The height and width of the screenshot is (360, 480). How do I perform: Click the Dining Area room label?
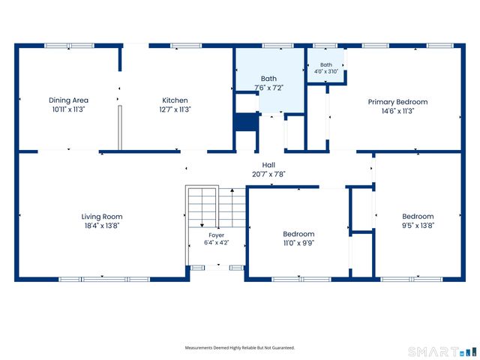68,100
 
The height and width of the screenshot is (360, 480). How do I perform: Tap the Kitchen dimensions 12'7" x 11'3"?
175,109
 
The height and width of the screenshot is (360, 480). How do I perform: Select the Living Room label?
102,217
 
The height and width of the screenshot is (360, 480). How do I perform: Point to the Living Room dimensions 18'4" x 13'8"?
102,226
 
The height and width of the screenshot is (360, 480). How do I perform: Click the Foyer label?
217,235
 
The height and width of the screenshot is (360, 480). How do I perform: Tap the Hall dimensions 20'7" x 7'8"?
268,174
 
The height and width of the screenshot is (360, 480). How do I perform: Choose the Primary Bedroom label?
397,102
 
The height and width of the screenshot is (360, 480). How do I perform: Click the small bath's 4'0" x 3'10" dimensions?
326,71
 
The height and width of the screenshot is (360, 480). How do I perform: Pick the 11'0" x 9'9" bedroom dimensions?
298,243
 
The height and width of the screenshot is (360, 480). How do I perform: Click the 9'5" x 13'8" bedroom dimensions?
418,226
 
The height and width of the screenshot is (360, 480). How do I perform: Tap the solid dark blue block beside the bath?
246,122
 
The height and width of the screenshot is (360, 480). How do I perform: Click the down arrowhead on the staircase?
202,226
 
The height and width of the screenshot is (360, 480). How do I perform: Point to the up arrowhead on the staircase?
232,190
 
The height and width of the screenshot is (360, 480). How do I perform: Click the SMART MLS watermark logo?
442,352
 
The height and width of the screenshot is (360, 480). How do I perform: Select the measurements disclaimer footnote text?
240,348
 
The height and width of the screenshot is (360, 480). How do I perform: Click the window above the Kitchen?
186,46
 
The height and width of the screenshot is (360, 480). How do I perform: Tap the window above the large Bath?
278,46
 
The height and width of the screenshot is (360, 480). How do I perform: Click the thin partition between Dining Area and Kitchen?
120,127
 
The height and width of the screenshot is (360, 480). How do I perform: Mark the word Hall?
268,165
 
